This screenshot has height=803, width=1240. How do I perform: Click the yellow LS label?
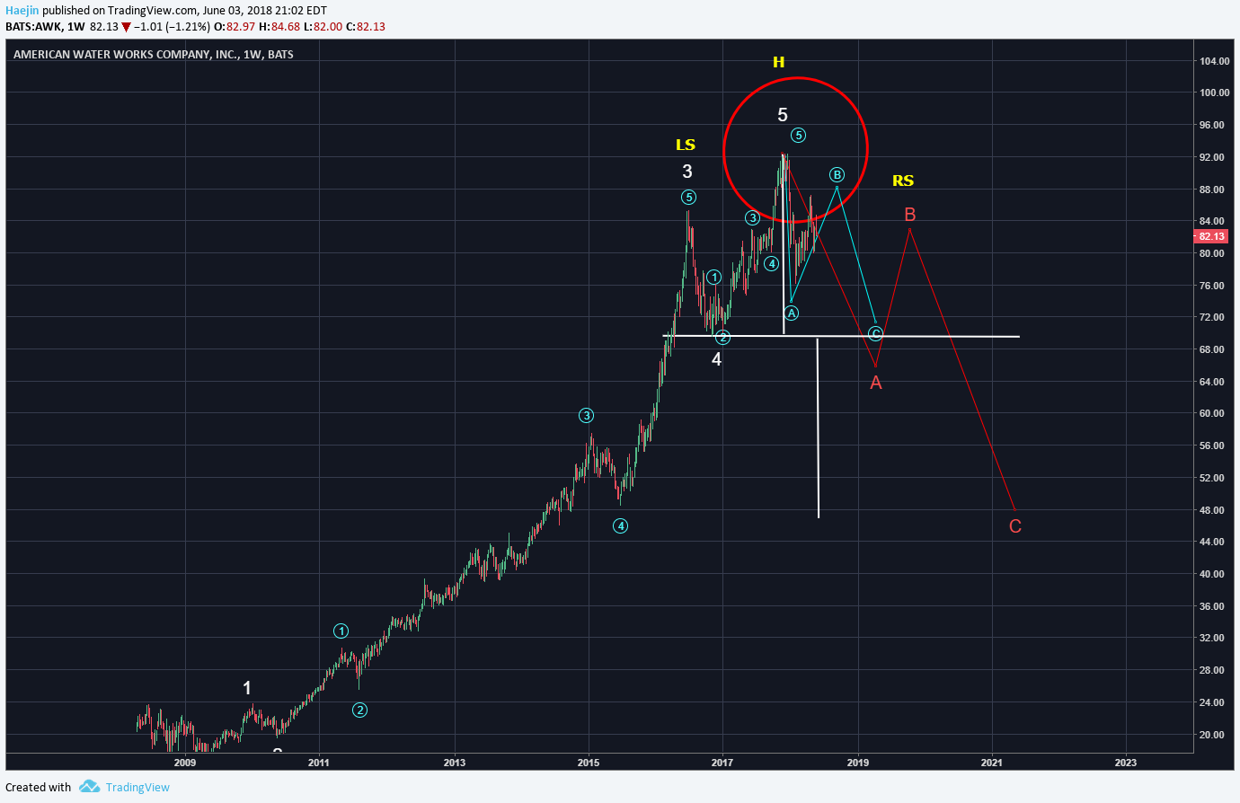686,145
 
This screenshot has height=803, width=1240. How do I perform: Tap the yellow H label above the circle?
778,62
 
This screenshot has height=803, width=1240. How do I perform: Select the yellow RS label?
903,181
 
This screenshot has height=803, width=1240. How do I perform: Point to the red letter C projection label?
1015,526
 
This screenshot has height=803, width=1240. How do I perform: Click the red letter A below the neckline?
876,383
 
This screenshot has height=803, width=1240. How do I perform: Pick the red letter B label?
910,215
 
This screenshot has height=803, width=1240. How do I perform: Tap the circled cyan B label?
837,175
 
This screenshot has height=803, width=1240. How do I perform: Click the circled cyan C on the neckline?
876,334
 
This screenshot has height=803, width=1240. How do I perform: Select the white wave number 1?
247,688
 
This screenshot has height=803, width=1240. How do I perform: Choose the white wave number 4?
716,359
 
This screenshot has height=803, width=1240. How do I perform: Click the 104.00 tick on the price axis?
1214,61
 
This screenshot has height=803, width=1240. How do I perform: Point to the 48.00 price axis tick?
1211,510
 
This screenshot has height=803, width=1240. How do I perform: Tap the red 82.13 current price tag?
1210,236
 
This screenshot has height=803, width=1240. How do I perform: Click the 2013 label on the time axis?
455,763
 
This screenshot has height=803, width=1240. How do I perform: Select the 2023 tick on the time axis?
1125,763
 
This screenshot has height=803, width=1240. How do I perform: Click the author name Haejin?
22,11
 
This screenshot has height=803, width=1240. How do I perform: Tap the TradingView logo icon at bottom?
89,787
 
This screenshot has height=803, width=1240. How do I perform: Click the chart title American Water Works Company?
126,54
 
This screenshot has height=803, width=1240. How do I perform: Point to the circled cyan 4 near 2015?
620,526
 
